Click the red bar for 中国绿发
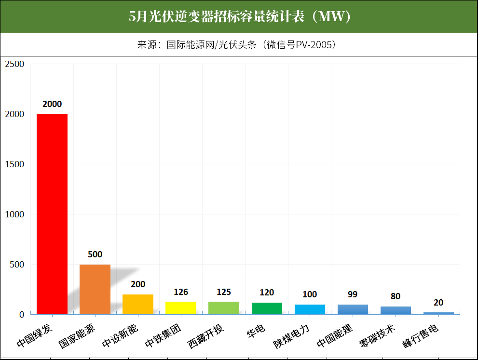click(52, 214)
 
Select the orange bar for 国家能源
click(95, 289)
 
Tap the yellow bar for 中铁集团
click(181, 308)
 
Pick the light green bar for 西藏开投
click(224, 308)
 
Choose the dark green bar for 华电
click(267, 308)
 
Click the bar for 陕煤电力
click(310, 309)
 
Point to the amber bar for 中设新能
click(138, 304)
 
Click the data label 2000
click(52, 104)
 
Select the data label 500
click(95, 254)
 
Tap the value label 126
click(181, 292)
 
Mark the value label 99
click(353, 294)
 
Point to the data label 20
click(438, 303)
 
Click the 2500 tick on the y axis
click(14, 64)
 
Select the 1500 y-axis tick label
click(14, 164)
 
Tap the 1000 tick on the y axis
click(14, 214)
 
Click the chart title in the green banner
click(239, 17)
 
